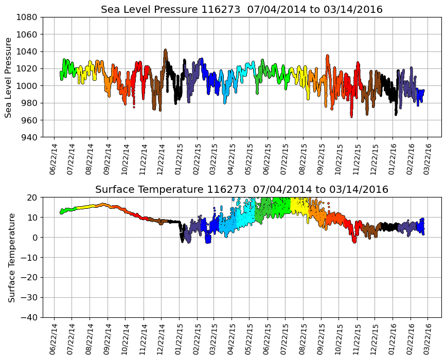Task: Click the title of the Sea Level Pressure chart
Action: coord(242,10)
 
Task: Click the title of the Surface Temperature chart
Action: coord(242,190)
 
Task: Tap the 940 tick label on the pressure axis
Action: coord(29,137)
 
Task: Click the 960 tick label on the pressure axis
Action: coord(29,120)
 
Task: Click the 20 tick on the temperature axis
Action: coord(33,197)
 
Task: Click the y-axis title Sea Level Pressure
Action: coord(8,77)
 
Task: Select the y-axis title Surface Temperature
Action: coord(11,257)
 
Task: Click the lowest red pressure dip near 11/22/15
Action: coord(351,116)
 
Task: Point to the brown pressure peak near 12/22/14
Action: coord(165,50)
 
